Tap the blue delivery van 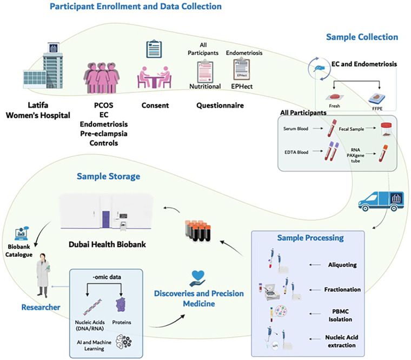[381, 201]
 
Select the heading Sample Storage [108, 176]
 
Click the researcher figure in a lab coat [43, 275]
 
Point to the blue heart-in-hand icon [198, 278]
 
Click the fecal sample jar [386, 129]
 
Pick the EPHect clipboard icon [242, 69]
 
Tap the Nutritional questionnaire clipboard [205, 71]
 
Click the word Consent [155, 105]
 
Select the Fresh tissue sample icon [334, 97]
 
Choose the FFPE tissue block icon [377, 98]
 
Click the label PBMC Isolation [340, 315]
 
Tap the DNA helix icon [92, 307]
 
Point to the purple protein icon [121, 305]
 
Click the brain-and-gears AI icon [123, 342]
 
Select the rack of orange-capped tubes [198, 231]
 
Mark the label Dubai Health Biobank [107, 244]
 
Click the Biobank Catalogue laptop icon [22, 234]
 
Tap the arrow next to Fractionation [315, 290]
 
